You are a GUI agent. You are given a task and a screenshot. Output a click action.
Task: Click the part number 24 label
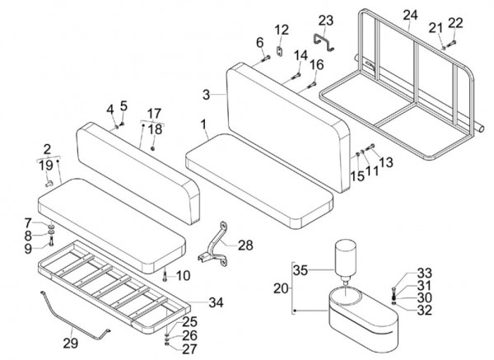click(411, 16)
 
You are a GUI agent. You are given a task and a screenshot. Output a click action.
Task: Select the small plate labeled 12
click(279, 51)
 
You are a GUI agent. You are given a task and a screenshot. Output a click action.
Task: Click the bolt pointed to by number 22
click(451, 43)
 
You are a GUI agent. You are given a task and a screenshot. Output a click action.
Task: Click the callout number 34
click(216, 302)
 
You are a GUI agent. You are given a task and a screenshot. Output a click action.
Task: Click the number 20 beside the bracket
click(281, 288)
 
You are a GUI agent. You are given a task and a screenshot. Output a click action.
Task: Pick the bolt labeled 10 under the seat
click(164, 277)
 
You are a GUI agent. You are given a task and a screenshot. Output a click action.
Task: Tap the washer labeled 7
click(51, 227)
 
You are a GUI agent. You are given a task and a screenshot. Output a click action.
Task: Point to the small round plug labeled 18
click(152, 148)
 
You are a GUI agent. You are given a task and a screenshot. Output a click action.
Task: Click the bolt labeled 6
click(266, 58)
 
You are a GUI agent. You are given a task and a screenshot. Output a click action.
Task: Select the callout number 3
click(206, 94)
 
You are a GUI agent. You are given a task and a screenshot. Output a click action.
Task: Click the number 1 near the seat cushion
click(203, 124)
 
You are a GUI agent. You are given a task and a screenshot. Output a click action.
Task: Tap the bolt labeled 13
click(370, 147)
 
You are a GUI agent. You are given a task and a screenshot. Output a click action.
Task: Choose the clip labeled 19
click(49, 183)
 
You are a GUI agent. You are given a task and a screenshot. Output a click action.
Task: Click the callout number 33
click(424, 273)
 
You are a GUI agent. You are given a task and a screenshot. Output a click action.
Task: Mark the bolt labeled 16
click(312, 85)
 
